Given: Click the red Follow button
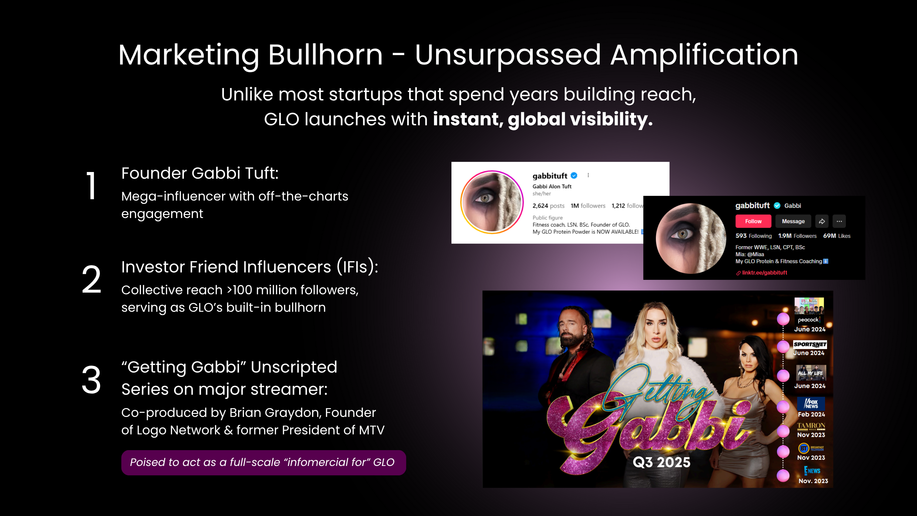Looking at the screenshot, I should (x=753, y=221).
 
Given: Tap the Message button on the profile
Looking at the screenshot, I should (x=793, y=221).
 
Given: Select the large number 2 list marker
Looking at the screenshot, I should (x=92, y=280).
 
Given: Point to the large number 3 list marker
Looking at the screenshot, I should (x=92, y=380).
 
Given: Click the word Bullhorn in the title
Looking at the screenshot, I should (x=325, y=55).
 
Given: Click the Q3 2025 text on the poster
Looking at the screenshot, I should (x=662, y=462).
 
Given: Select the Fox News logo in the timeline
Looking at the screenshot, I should (x=811, y=403).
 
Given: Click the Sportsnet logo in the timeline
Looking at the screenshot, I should (x=810, y=344).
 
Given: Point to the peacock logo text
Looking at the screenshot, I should (x=809, y=320).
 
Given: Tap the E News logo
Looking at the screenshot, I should (x=812, y=471).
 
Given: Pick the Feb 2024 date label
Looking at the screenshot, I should (x=811, y=415).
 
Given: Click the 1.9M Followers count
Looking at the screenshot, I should (x=797, y=236).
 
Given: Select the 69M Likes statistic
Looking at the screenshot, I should (x=836, y=236).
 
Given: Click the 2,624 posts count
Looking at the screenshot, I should (x=548, y=206).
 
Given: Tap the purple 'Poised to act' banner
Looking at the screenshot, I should (x=263, y=462).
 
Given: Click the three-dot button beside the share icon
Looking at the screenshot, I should (x=839, y=221).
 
